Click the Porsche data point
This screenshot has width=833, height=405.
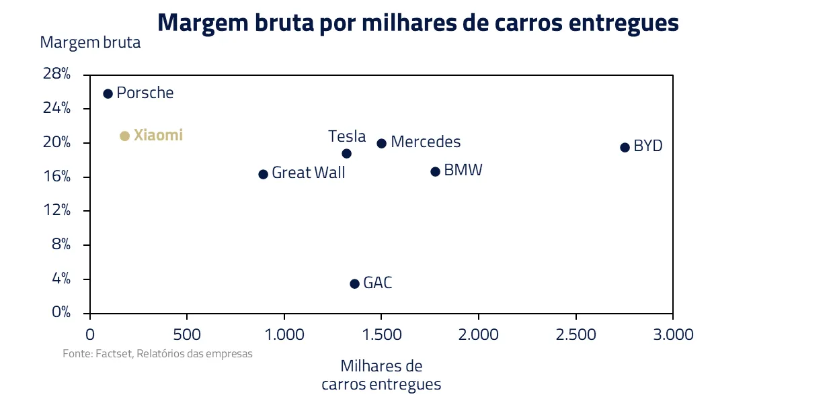coord(108,93)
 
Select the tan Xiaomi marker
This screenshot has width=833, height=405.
coord(124,136)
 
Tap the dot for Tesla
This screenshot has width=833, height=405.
coord(346,153)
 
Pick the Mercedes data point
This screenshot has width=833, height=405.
coord(381,143)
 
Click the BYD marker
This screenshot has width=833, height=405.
coord(625,147)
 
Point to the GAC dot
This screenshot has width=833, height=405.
coord(354,283)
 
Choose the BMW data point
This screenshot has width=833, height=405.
coord(435,171)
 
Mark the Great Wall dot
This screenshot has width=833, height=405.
coord(263,174)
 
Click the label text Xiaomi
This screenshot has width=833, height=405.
coord(158,135)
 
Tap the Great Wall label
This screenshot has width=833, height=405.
coord(308,173)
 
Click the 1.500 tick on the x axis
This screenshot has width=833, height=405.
coord(381,334)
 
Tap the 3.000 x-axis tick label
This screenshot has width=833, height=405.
coord(672,334)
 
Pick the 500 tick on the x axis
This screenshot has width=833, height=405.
coord(186,334)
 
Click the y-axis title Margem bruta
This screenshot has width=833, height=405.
coord(90,42)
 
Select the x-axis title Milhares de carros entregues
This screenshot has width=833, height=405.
coord(381,375)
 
